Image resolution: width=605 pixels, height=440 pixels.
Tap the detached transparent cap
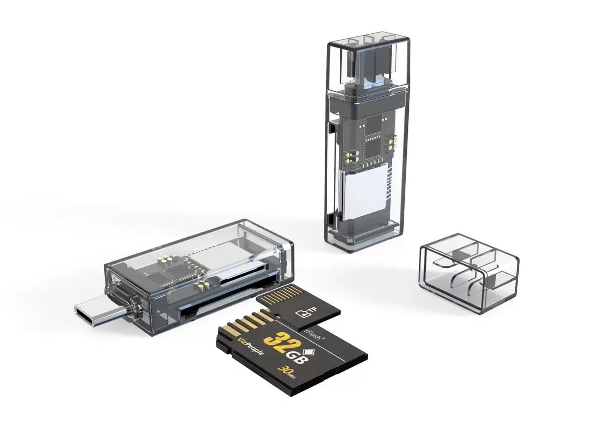pyautogui.click(x=469, y=272)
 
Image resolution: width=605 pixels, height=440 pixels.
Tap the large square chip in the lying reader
pyautogui.click(x=174, y=273)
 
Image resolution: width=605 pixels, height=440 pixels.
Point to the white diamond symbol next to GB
pyautogui.click(x=309, y=349)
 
